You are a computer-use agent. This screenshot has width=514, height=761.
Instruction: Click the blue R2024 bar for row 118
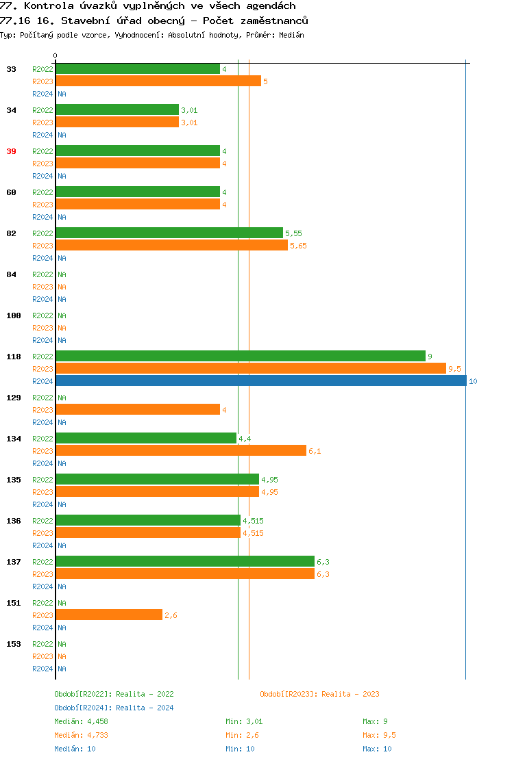pyautogui.click(x=260, y=380)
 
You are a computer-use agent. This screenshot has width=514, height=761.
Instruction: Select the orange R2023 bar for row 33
pyautogui.click(x=158, y=81)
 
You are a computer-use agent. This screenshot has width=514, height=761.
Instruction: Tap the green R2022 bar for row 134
pyautogui.click(x=146, y=438)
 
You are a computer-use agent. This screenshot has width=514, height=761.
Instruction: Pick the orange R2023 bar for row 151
pyautogui.click(x=109, y=615)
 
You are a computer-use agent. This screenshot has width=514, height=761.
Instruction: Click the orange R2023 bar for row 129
pyautogui.click(x=138, y=409)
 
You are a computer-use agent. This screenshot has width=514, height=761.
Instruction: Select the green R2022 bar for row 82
pyautogui.click(x=169, y=233)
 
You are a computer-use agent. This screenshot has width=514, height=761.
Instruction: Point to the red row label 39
pyautogui.click(x=11, y=151)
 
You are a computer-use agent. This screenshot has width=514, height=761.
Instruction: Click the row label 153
pyautogui.click(x=13, y=644)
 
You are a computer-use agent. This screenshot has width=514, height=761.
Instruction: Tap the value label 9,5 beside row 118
pyautogui.click(x=454, y=369)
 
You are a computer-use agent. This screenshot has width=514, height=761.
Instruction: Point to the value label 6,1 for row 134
pyautogui.click(x=315, y=451)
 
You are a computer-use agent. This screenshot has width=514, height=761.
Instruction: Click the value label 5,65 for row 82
pyautogui.click(x=298, y=246)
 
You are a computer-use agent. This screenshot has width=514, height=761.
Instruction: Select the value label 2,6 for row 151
pyautogui.click(x=171, y=615)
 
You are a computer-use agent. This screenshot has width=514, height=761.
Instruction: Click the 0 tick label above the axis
pyautogui.click(x=56, y=56)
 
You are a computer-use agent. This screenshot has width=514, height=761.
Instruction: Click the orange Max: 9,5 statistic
pyautogui.click(x=379, y=735)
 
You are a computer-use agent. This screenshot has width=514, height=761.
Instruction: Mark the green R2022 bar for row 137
pyautogui.click(x=185, y=561)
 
